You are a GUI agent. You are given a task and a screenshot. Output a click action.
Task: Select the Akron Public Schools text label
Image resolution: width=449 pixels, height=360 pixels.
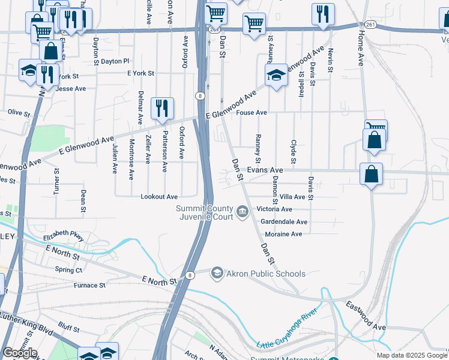pyautogui.click(x=266, y=274)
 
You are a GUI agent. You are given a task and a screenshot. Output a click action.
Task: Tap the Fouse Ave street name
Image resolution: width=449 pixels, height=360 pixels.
pyautogui.click(x=252, y=112)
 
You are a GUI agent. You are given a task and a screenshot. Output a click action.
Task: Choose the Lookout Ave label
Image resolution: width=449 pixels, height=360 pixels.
pyautogui.click(x=158, y=196)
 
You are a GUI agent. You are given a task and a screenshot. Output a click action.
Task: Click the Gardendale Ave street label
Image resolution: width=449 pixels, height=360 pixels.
pyautogui.click(x=284, y=221)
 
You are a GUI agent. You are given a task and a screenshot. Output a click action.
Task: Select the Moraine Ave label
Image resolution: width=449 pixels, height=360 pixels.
pyautogui.click(x=283, y=234)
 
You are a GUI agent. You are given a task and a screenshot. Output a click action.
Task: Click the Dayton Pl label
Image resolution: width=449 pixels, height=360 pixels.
pyautogui.click(x=115, y=61)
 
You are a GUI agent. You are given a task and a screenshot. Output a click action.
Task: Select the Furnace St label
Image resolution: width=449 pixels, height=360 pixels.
pyautogui.click(x=89, y=285)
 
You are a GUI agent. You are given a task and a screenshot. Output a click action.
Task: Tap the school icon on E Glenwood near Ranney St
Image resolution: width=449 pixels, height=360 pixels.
pyautogui.click(x=276, y=76)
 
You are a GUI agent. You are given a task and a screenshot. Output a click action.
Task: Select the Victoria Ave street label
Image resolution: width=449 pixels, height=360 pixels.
pyautogui.click(x=274, y=209)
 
